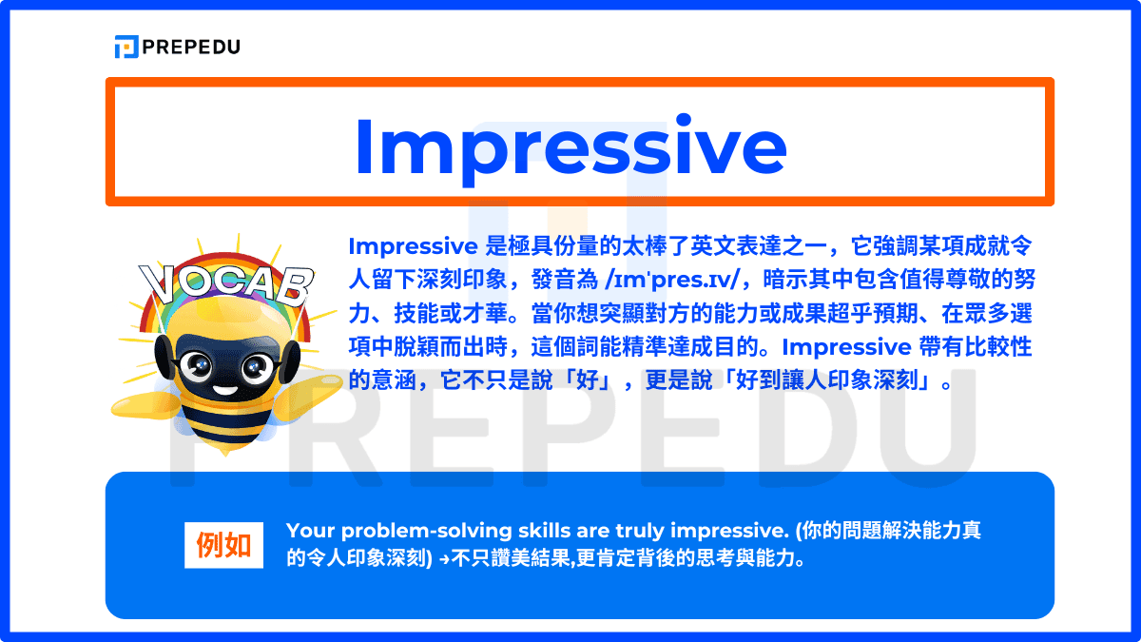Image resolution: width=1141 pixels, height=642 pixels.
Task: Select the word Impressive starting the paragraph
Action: (412, 245)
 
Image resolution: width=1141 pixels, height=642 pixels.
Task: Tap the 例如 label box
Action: (223, 545)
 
